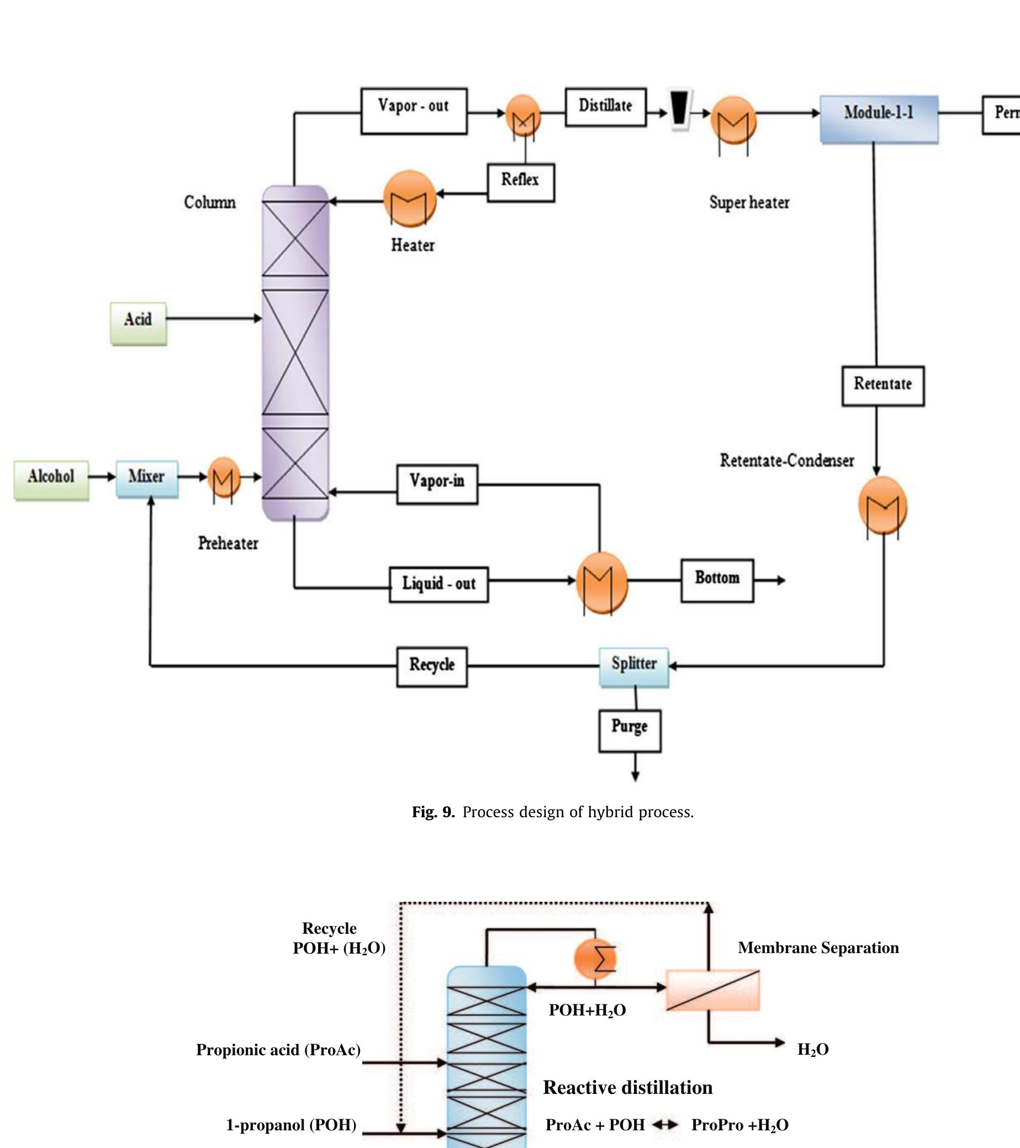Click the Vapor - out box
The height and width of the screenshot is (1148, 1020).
[414, 111]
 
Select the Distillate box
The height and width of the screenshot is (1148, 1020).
[605, 107]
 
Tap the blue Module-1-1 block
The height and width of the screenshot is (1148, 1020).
[879, 119]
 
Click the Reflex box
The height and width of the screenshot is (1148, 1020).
[521, 182]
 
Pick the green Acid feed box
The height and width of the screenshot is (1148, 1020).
[138, 324]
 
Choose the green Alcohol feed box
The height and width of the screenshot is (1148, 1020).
[51, 480]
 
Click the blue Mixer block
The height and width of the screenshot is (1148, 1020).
[147, 479]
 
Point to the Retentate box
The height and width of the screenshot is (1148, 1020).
[882, 386]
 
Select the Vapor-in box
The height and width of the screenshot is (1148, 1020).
[437, 484]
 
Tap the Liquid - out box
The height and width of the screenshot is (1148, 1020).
[438, 584]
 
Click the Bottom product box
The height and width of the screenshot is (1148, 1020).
[717, 580]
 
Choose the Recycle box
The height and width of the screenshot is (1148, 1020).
[431, 666]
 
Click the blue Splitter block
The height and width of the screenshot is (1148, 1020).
[633, 666]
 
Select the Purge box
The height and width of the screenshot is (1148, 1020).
[630, 730]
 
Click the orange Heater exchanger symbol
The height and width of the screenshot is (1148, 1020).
[409, 199]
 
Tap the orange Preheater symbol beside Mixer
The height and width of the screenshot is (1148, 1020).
[224, 478]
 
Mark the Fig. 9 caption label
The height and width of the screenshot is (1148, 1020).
[433, 812]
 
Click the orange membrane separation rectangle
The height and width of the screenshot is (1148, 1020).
[712, 990]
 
